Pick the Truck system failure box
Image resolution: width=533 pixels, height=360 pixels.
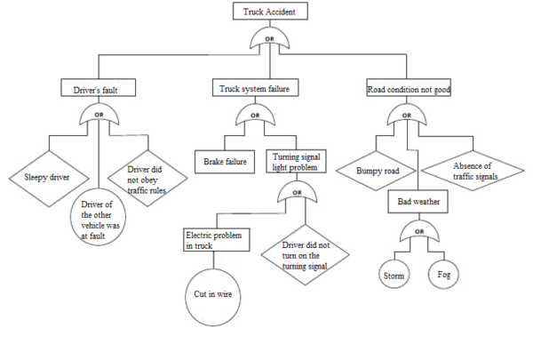(255, 89)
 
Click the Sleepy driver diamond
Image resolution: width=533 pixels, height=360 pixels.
(45, 176)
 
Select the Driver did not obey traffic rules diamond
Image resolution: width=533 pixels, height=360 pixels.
(143, 176)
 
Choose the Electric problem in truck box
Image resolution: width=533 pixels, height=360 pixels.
(218, 240)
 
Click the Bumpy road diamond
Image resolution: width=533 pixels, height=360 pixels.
(378, 169)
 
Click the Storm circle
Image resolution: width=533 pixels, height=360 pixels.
(394, 276)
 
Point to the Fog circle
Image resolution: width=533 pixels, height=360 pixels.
(444, 275)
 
